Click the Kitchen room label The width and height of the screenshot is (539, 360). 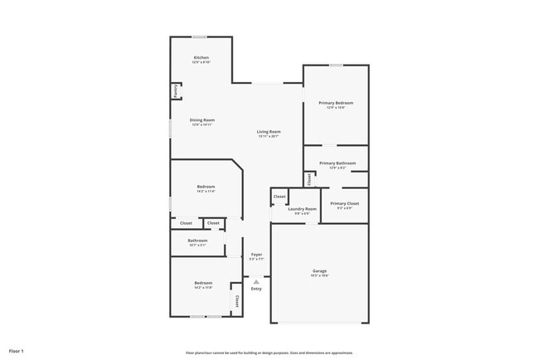click(x=202, y=57)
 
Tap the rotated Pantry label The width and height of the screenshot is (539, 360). click(x=176, y=90)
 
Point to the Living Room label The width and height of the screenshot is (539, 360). click(x=268, y=132)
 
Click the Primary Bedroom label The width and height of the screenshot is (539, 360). click(x=336, y=103)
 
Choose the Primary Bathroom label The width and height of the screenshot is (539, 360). click(x=337, y=163)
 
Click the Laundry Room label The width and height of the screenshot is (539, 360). click(x=302, y=209)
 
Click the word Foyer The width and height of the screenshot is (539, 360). click(x=256, y=255)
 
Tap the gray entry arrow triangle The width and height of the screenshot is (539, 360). click(x=256, y=281)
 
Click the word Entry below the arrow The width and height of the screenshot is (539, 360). click(x=256, y=289)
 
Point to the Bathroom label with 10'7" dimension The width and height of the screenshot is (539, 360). click(x=197, y=241)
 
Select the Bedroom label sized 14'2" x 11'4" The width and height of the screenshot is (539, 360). click(x=206, y=187)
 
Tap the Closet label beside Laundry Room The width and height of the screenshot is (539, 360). click(x=279, y=197)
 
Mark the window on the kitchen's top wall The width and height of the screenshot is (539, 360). click(x=200, y=36)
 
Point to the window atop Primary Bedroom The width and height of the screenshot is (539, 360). click(x=336, y=65)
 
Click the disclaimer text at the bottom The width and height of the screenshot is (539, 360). click(x=269, y=352)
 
